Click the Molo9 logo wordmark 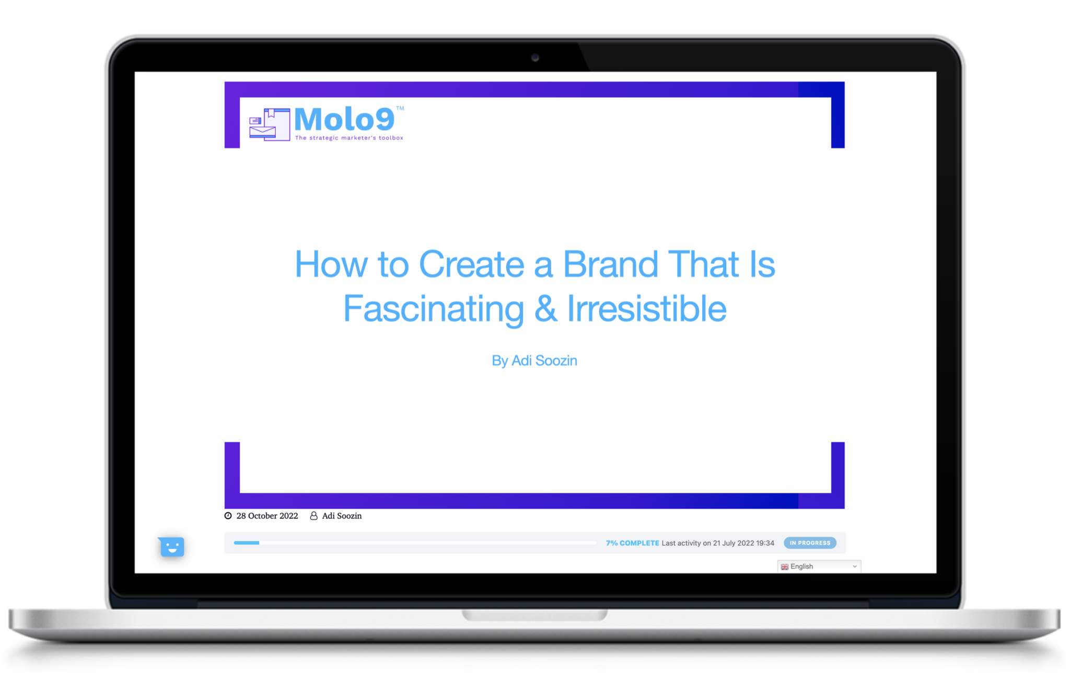click(x=344, y=120)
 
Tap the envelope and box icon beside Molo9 click(x=270, y=124)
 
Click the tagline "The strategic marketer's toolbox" click(x=349, y=138)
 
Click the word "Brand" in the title click(x=610, y=264)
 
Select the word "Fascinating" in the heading click(x=433, y=308)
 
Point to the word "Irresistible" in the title click(x=646, y=308)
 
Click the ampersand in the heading click(x=545, y=308)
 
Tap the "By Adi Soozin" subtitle click(x=534, y=361)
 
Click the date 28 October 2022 click(x=267, y=516)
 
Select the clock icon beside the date click(x=228, y=516)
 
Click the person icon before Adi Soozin click(x=313, y=516)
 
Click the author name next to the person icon click(x=342, y=516)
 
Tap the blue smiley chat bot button click(x=172, y=547)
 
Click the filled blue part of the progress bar click(x=246, y=543)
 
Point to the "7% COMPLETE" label click(x=632, y=543)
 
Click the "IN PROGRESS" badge click(x=809, y=543)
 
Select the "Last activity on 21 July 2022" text click(x=718, y=543)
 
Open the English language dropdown click(x=819, y=567)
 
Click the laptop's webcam click(x=535, y=57)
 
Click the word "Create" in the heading click(x=471, y=264)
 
